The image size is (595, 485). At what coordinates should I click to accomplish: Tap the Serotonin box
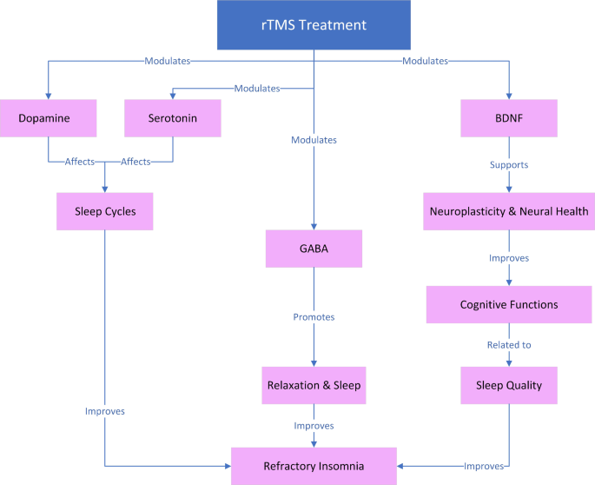coord(173,118)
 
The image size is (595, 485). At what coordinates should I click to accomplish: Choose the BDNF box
coord(509,118)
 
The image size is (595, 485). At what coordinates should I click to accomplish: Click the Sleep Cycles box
coord(105,211)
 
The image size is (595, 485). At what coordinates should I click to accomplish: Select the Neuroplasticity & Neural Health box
coord(509,211)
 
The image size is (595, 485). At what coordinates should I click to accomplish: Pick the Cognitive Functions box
coord(509,305)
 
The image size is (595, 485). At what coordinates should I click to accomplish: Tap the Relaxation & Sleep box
coord(314,384)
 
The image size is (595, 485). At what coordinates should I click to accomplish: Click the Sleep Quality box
coord(509,384)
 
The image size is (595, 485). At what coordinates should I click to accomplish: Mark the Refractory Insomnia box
coord(314,465)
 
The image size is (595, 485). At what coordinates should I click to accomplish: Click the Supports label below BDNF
coord(509,164)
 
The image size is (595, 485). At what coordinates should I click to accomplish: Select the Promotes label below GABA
coord(314,318)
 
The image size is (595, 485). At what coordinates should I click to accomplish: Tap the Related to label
coord(509,345)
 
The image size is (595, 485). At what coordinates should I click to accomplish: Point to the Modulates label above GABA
coord(314,139)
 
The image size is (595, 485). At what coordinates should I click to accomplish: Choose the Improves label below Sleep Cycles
coord(105,411)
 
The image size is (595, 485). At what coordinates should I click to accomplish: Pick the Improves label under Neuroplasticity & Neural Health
coord(509,258)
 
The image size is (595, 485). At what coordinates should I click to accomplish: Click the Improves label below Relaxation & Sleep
coord(314,426)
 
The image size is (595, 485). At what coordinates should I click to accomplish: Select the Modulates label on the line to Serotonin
coord(258,88)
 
